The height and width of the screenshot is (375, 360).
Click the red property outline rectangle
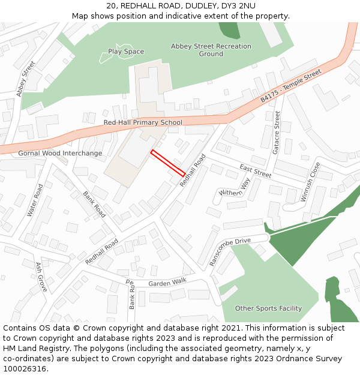tap(167, 163)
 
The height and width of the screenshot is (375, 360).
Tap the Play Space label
tap(126, 52)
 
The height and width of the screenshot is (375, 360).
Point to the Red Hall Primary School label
tap(143, 122)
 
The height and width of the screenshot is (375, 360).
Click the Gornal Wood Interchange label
tap(60, 153)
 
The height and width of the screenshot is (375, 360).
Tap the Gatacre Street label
tap(277, 133)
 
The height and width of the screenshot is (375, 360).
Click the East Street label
tap(255, 171)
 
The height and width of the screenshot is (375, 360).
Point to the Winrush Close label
tap(311, 182)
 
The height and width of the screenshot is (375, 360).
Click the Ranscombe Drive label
tap(230, 252)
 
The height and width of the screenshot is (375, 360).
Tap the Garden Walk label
tap(167, 282)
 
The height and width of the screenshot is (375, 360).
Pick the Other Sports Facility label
tap(268, 308)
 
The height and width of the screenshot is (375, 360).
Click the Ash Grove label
tap(41, 277)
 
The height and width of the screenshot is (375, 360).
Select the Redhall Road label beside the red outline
tap(192, 169)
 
